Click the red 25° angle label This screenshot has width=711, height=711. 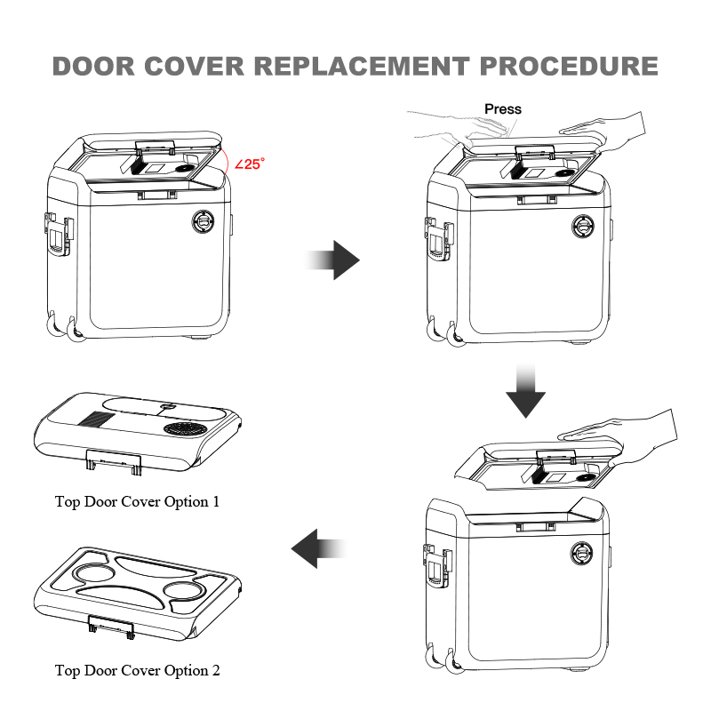coord(250,164)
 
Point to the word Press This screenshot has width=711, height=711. coord(503,109)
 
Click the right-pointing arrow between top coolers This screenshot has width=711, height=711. coord(334,260)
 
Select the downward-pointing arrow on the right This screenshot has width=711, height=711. coord(525,390)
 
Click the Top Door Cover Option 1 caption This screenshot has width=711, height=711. coord(137,501)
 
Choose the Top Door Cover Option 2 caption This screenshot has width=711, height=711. coord(137,670)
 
